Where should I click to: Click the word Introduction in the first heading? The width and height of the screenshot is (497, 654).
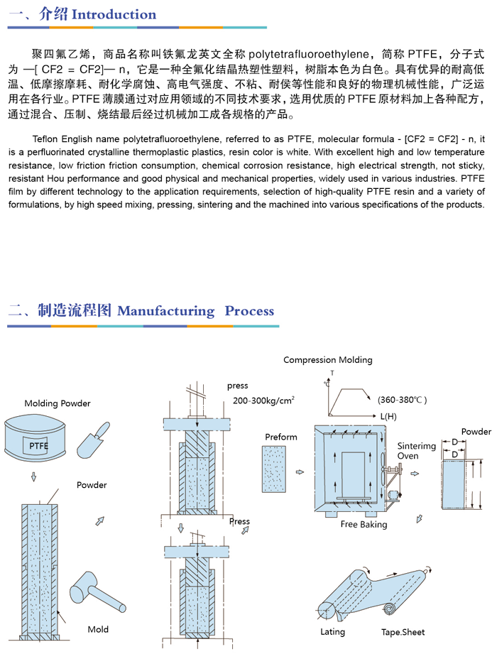click(x=114, y=14)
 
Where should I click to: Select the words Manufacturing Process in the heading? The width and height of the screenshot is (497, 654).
click(x=195, y=310)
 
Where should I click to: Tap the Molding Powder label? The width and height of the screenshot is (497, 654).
click(x=58, y=403)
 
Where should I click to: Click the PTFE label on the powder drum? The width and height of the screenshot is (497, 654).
click(x=39, y=445)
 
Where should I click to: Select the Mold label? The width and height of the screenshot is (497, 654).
click(x=98, y=629)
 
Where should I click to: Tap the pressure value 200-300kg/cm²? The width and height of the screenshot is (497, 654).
click(x=263, y=401)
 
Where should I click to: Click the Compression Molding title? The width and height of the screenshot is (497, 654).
click(x=327, y=360)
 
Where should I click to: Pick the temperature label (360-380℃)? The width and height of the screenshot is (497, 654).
click(x=402, y=400)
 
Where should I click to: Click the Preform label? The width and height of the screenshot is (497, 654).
click(x=281, y=436)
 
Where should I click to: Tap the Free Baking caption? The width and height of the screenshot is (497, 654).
click(x=364, y=524)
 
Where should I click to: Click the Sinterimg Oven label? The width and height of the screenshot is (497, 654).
click(x=415, y=451)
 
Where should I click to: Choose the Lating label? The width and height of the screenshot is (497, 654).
click(x=332, y=631)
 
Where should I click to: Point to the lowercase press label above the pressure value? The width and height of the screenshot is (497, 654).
click(x=237, y=386)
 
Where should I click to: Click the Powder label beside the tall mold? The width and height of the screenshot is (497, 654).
click(x=92, y=485)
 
